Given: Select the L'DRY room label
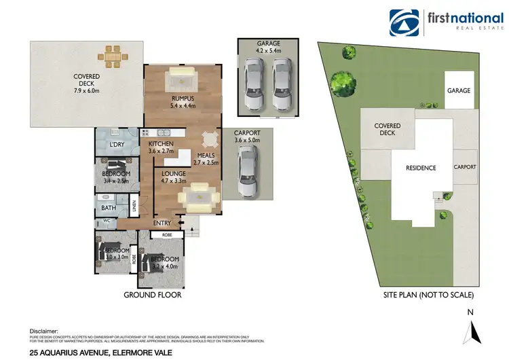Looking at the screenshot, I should tap(117, 145).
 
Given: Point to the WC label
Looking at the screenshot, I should tap(107, 221).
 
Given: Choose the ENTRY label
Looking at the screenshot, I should tap(163, 223).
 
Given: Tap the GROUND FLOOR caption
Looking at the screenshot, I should tap(153, 295).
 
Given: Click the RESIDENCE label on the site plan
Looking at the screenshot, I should tap(421, 168).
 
